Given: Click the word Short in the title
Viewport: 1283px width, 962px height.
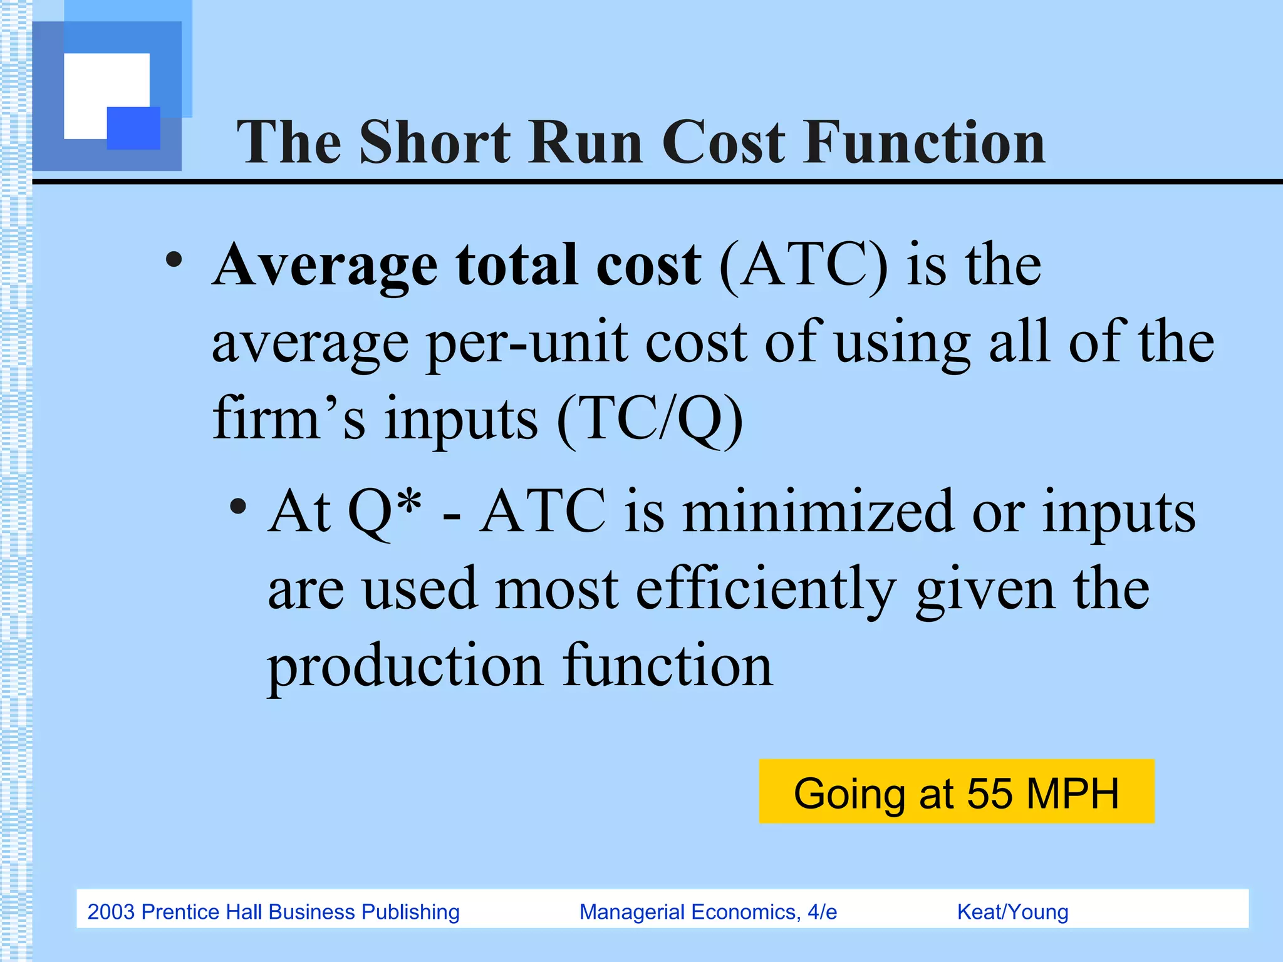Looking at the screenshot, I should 435,143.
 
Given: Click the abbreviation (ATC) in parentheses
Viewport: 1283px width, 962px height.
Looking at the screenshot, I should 803,266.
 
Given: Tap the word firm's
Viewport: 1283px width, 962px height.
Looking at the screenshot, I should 289,418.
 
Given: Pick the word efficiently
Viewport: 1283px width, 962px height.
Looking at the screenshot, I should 766,589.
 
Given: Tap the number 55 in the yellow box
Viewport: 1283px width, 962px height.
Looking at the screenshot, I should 989,794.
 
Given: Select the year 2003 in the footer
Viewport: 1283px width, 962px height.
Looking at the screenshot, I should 111,912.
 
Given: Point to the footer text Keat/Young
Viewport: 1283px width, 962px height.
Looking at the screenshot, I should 1012,912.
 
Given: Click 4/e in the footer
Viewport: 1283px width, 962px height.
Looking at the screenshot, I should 822,912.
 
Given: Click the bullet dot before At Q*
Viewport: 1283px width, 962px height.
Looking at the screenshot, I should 237,506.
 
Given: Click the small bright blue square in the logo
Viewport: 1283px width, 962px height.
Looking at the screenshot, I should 133,128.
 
